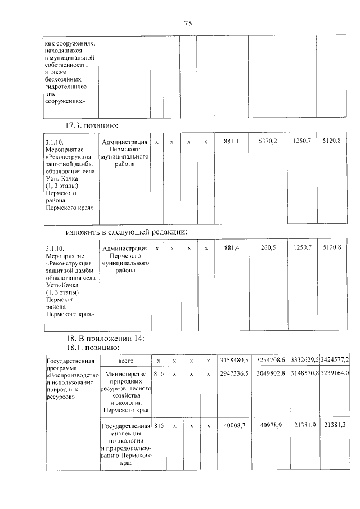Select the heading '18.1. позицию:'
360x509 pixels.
coord(96,348)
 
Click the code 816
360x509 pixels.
coord(159,373)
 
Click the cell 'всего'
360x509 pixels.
coord(125,360)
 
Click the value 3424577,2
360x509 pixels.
coord(336,360)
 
